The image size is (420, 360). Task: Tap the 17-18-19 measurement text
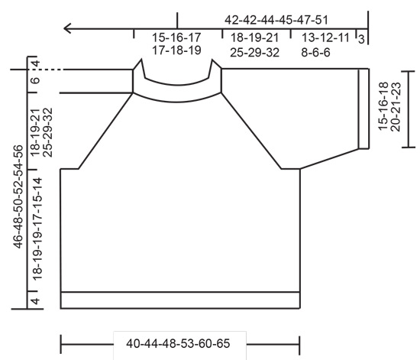(x=176, y=51)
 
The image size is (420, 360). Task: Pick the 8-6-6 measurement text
(x=320, y=51)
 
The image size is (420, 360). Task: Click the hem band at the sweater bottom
(x=180, y=300)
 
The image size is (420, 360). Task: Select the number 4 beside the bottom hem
(x=34, y=300)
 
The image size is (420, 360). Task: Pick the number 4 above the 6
(x=34, y=63)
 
